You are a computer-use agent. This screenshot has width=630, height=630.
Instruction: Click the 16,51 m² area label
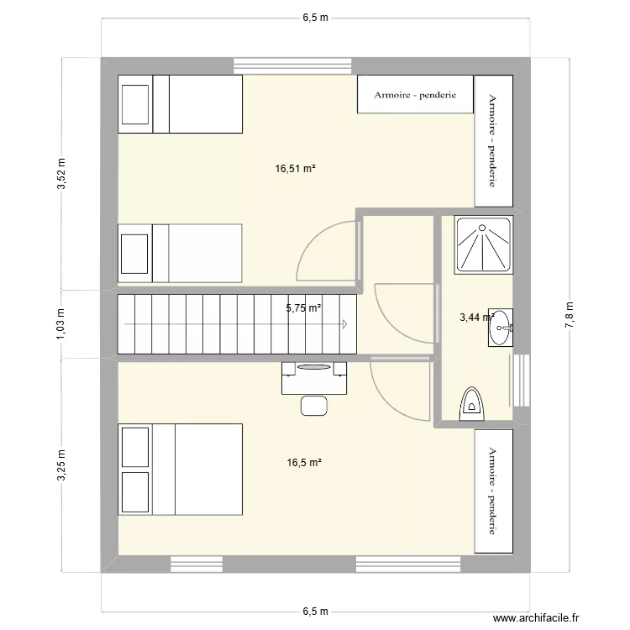295,168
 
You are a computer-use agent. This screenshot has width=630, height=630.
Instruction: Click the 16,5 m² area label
304,462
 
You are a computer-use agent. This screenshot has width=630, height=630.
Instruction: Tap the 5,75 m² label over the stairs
303,308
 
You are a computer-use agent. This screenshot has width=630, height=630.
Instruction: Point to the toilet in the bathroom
473,403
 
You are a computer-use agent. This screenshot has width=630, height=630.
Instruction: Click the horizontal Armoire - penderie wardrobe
415,94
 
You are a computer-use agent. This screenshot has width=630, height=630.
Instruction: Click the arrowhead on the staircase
346,323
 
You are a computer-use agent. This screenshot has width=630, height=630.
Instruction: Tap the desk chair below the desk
314,405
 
